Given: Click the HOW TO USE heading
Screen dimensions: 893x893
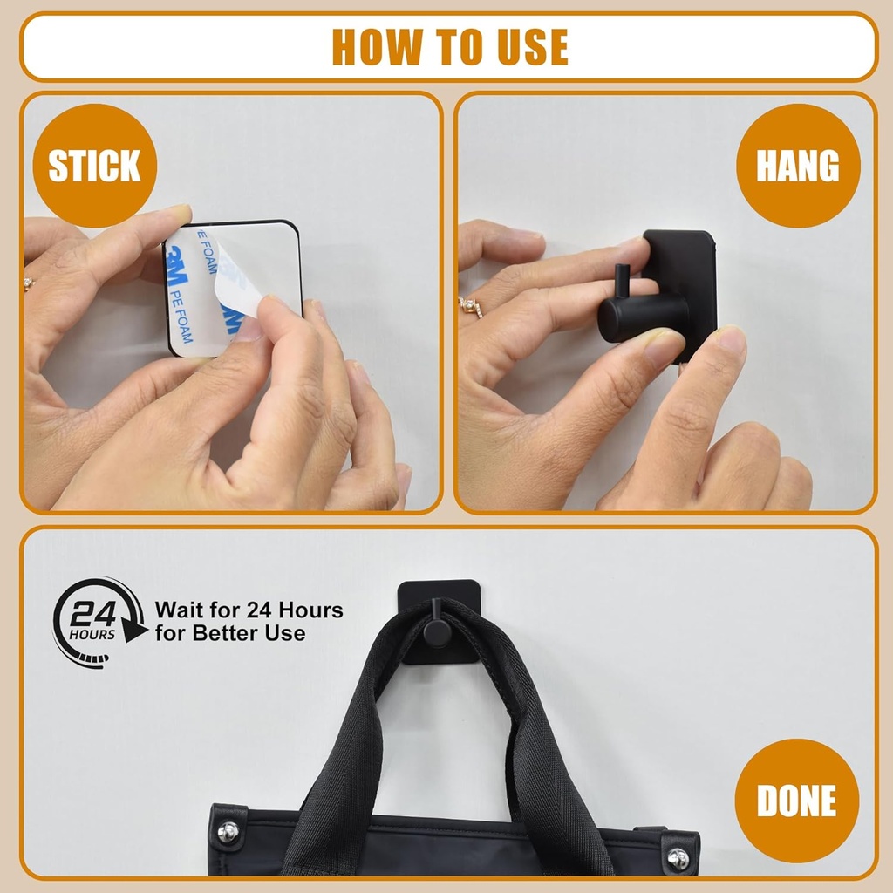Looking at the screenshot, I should point(449,47).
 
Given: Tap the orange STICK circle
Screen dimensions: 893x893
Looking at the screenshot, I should point(94,166).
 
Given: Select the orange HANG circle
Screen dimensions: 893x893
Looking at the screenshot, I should point(798,166).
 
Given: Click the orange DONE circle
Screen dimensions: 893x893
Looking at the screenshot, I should point(796,801).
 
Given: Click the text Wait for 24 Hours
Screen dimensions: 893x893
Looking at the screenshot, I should point(249,610).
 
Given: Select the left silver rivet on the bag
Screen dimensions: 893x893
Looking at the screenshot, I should point(228,832).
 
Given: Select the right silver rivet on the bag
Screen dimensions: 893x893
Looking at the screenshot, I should point(678,858).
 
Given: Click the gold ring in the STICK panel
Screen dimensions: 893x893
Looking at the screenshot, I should point(29,284).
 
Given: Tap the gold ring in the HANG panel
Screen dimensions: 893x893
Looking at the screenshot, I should point(471,307).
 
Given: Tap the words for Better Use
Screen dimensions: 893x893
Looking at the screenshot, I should point(230,633).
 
